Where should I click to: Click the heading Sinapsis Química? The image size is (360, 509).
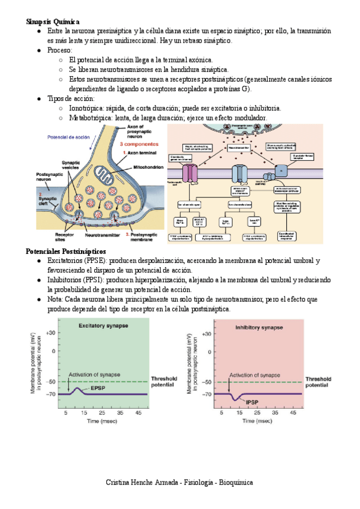coord(53,22)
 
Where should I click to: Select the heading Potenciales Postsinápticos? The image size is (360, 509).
coord(66,251)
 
